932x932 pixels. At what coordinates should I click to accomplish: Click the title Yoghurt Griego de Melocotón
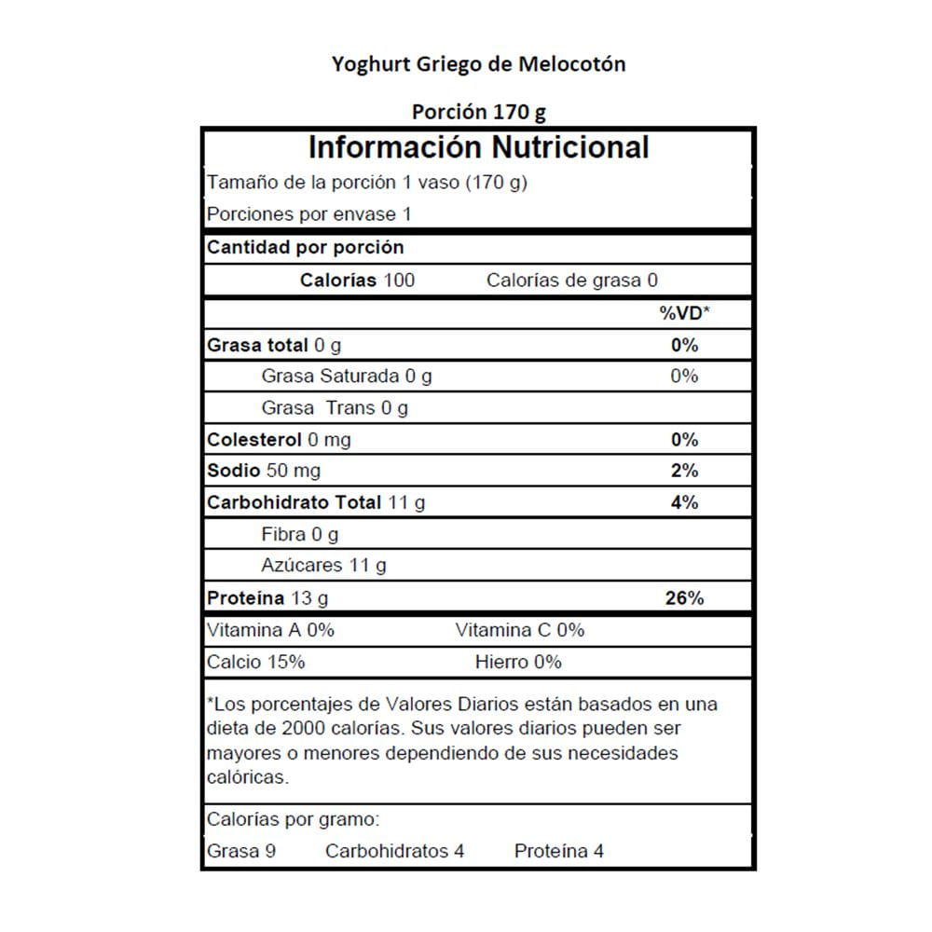(x=479, y=64)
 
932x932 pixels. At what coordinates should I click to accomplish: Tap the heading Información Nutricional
(x=478, y=147)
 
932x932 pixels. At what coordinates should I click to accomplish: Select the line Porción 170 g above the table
(x=479, y=112)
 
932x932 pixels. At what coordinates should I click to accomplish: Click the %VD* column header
(x=684, y=313)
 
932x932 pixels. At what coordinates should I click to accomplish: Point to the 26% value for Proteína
(x=684, y=598)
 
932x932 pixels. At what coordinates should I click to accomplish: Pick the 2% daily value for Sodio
(x=684, y=471)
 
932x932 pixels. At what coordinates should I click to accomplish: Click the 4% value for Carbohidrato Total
(x=684, y=502)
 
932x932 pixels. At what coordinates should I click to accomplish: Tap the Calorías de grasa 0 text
(x=572, y=281)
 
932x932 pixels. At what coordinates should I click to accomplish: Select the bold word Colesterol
(x=253, y=439)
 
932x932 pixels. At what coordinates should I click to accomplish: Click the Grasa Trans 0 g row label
(x=335, y=407)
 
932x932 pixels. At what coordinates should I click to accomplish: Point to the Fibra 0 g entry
(x=299, y=535)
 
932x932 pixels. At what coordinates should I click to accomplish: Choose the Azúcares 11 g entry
(x=323, y=566)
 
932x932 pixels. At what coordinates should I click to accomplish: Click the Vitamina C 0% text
(x=519, y=630)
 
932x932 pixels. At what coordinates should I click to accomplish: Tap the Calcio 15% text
(x=255, y=662)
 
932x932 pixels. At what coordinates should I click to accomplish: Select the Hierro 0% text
(x=518, y=662)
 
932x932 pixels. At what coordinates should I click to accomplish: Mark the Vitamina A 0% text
(x=270, y=630)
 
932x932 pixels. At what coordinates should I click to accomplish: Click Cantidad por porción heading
(x=305, y=248)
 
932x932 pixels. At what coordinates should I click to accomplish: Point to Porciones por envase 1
(x=308, y=214)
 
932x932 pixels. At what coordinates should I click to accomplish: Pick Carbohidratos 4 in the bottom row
(x=394, y=851)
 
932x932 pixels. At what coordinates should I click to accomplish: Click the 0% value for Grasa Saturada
(x=684, y=376)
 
